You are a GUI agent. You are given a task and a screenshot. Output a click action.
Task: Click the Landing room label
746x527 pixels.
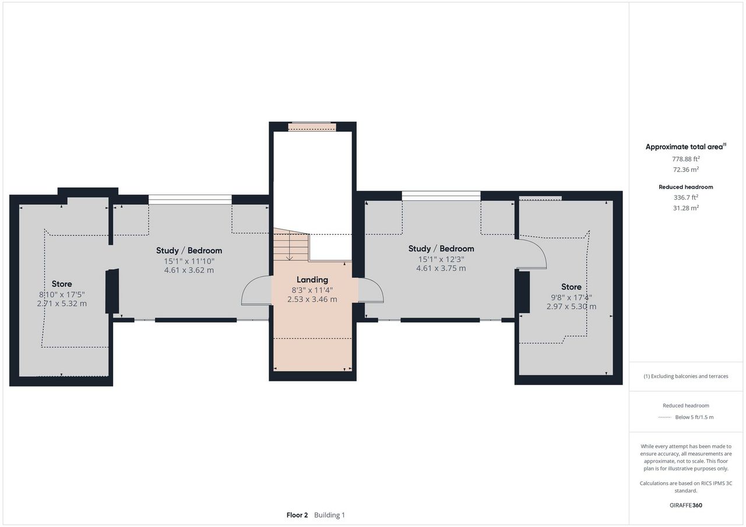pos(312,280)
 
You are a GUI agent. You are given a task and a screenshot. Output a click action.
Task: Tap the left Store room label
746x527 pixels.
pos(62,284)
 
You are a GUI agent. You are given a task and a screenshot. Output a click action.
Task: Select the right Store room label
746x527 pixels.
pos(571,287)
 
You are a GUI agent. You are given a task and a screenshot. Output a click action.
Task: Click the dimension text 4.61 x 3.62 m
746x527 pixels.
pos(189,270)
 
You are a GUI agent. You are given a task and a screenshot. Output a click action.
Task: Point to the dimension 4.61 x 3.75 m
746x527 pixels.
pos(441,268)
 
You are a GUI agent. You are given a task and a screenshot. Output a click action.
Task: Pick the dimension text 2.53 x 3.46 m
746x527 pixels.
pos(312,299)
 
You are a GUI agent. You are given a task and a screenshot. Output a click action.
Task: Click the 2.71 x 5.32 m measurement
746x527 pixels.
pos(62,303)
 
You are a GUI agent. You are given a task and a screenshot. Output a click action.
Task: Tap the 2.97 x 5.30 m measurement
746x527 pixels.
pos(571,306)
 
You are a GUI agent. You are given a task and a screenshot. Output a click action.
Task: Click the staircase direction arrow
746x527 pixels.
pos(290,245)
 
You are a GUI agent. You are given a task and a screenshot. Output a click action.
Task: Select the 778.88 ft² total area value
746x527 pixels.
pos(686,159)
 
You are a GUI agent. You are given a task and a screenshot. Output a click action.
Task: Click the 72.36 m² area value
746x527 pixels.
pos(686,169)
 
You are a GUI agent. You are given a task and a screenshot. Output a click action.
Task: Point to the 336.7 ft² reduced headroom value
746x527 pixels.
pos(686,197)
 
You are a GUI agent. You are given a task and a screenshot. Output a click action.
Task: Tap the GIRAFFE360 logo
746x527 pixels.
pos(686,505)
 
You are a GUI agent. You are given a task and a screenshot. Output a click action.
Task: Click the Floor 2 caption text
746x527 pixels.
pos(297,515)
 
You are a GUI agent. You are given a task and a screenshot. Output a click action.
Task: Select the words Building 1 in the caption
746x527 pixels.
pos(329,515)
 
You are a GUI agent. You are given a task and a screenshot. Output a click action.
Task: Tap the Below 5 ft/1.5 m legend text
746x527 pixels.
pos(694,417)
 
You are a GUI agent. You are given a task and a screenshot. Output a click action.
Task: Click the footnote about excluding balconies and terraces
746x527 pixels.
pos(686,376)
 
